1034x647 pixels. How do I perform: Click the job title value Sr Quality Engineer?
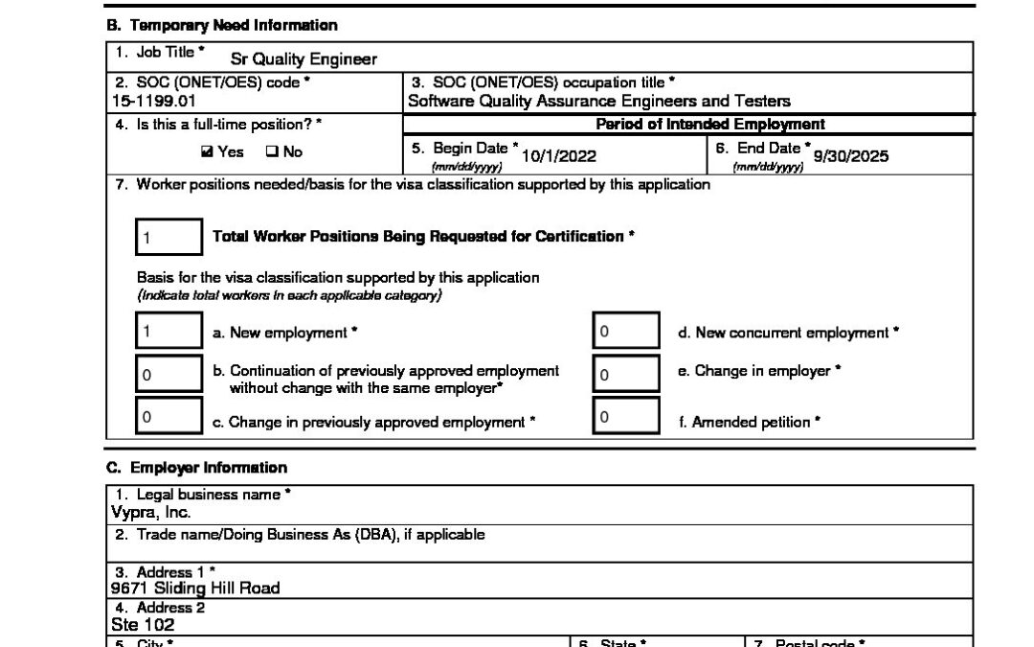303,59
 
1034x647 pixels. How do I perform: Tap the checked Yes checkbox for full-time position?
208,151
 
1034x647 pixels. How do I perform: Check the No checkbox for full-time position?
271,151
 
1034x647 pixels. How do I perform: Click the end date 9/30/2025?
850,156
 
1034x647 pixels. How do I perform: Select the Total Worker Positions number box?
169,237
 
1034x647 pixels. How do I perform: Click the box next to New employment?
169,333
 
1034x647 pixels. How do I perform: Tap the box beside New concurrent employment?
625,333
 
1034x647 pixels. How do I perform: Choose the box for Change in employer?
625,375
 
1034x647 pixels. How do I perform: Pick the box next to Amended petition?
625,417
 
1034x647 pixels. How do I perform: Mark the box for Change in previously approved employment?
169,417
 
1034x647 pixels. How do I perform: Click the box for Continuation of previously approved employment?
169,375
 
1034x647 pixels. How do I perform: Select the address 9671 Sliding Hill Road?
195,589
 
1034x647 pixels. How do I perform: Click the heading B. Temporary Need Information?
221,25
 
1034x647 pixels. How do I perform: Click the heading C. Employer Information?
196,468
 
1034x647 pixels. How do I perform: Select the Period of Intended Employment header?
709,125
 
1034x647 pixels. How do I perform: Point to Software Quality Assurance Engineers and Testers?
598,100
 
